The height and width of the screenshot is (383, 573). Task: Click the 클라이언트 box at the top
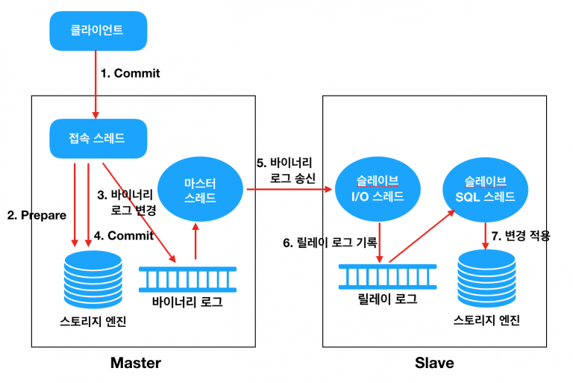tap(97, 31)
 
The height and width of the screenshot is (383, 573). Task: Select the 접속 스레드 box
tap(97, 137)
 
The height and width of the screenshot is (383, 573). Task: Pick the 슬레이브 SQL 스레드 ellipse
tap(489, 188)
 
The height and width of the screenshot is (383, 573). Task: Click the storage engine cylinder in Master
tap(93, 280)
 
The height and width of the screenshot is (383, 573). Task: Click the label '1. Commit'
tap(131, 73)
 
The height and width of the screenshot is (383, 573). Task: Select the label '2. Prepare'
tap(37, 216)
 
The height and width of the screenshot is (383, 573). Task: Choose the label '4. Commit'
tap(124, 235)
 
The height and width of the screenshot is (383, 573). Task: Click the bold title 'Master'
tap(135, 363)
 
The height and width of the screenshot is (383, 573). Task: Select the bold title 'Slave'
tap(434, 363)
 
